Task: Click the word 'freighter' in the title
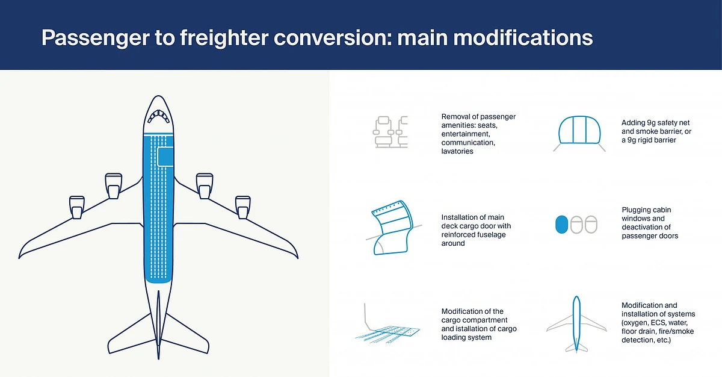point(224,38)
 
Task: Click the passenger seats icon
point(390,132)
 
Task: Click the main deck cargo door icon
point(393,228)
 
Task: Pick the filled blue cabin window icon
point(561,225)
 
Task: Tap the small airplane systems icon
point(576,325)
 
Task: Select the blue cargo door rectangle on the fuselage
point(165,157)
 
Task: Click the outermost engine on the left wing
point(77,207)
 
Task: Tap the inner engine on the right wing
point(205,186)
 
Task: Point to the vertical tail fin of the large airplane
point(158,325)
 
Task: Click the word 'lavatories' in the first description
point(457,151)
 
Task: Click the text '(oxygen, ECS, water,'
point(655,323)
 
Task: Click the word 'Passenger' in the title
point(96,38)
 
